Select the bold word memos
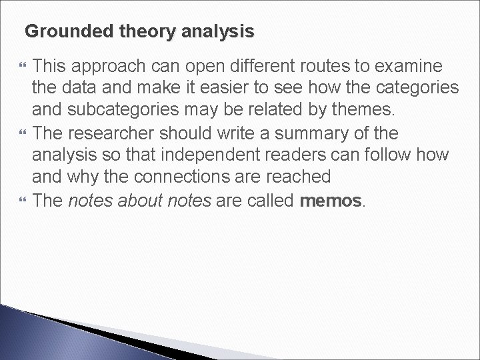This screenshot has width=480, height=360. click(x=331, y=201)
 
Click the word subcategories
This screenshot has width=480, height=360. click(x=117, y=111)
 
